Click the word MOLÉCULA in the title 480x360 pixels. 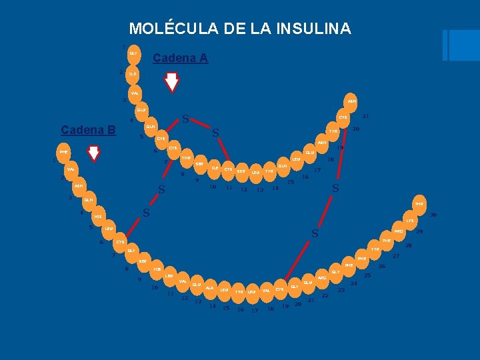(x=166, y=29)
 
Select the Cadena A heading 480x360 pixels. (x=180, y=59)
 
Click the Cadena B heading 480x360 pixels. (x=88, y=129)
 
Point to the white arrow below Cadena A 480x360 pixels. (x=172, y=81)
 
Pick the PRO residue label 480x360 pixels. (x=398, y=231)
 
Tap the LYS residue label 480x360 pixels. (x=410, y=221)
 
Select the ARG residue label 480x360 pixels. (x=321, y=278)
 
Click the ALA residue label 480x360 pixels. (x=209, y=288)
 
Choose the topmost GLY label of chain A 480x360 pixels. (x=133, y=53)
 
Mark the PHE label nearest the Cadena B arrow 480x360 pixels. (x=63, y=152)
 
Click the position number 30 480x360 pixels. (x=433, y=215)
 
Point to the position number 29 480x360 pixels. (x=420, y=231)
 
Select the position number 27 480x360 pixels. (x=396, y=256)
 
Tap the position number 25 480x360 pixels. (x=367, y=275)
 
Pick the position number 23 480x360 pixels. (x=341, y=291)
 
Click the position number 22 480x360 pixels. (x=325, y=295)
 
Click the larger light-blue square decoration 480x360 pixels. (x=465, y=45)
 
